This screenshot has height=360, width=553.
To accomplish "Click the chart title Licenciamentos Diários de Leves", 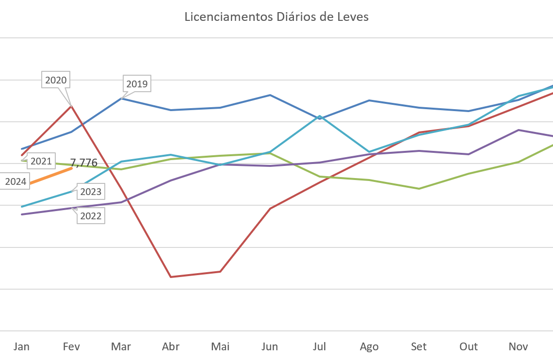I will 276,17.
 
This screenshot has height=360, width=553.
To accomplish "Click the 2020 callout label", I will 56,80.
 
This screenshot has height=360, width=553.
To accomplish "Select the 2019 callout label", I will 137,84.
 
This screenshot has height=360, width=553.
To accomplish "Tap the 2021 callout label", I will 41,161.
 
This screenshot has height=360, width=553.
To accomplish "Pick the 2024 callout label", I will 16,182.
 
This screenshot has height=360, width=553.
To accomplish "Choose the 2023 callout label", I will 91,192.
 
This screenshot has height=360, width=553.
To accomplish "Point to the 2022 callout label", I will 91,216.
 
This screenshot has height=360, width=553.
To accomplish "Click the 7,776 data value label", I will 84,163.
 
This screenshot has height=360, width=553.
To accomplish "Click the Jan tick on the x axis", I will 21,346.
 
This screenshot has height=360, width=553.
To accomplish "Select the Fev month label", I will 71,346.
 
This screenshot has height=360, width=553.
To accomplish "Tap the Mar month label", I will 121,346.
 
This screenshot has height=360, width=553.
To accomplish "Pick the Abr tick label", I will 171,346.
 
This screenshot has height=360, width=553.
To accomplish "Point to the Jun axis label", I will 270,346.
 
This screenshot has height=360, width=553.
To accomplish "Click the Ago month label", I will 369,346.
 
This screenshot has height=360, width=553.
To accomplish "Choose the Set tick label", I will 419,346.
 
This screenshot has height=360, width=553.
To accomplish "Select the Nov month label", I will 518,346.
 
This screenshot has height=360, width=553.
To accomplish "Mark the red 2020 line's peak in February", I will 72,105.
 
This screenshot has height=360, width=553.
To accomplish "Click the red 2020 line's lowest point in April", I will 171,277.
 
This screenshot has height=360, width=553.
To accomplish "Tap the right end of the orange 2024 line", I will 72,168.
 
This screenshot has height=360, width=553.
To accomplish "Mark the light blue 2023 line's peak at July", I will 320,116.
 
